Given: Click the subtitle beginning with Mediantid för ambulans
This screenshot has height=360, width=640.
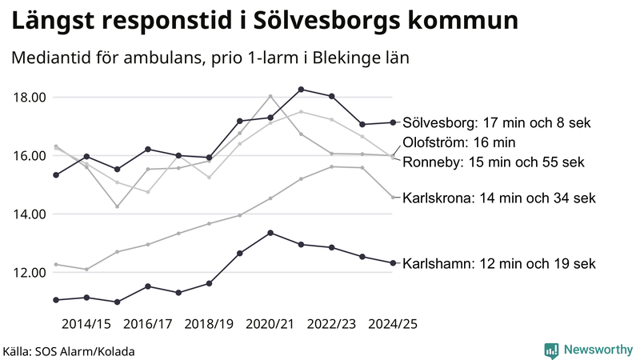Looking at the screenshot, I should (x=210, y=58).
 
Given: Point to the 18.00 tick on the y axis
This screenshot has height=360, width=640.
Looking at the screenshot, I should (x=30, y=98).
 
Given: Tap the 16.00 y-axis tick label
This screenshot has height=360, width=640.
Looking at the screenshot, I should (x=30, y=156).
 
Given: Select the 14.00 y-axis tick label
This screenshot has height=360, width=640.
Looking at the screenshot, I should (x=30, y=214).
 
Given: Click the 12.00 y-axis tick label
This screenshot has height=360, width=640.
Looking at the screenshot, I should (x=30, y=273).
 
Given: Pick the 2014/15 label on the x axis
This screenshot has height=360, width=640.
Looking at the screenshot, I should (x=86, y=324).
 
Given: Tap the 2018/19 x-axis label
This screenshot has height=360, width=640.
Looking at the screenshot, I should (x=209, y=324).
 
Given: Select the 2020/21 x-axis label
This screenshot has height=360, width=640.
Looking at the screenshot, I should (x=270, y=324).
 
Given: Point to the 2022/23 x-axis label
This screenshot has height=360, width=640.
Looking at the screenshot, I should (x=331, y=324).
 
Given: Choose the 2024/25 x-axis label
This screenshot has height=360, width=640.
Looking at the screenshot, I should (x=392, y=324).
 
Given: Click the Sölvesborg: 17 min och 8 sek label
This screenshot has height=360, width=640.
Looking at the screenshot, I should (x=496, y=123).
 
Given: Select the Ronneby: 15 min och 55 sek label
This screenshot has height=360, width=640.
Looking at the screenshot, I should (x=493, y=162).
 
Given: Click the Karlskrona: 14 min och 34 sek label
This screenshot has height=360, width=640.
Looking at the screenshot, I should (x=500, y=197).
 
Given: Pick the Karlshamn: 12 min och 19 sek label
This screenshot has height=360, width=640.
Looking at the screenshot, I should (x=500, y=263).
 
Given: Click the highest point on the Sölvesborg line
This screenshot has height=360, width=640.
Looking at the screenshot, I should (x=301, y=89).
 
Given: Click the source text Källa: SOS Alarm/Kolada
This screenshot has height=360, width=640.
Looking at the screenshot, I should (x=69, y=351).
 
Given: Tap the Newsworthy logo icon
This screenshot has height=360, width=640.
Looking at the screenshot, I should (x=551, y=350).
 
